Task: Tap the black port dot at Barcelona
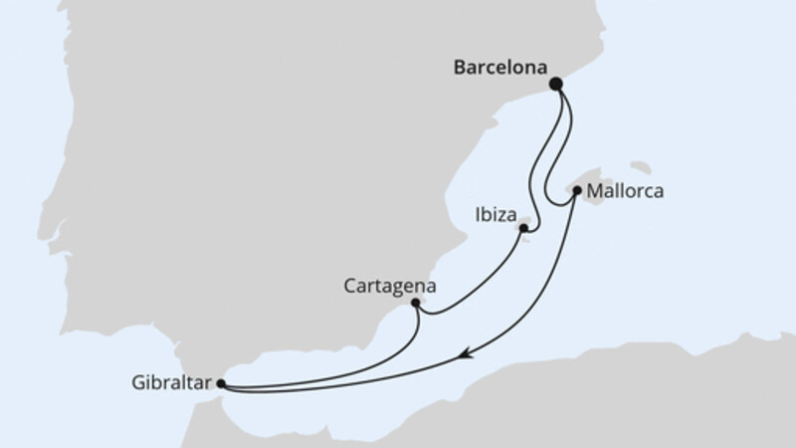pyautogui.click(x=556, y=85)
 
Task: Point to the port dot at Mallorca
pyautogui.click(x=577, y=189)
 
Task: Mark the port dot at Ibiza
pyautogui.click(x=522, y=228)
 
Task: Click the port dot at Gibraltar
pyautogui.click(x=220, y=382)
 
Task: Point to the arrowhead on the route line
pyautogui.click(x=464, y=352)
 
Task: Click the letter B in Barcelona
pyautogui.click(x=460, y=70)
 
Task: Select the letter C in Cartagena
pyautogui.click(x=348, y=285)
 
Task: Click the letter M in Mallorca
pyautogui.click(x=594, y=188)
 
